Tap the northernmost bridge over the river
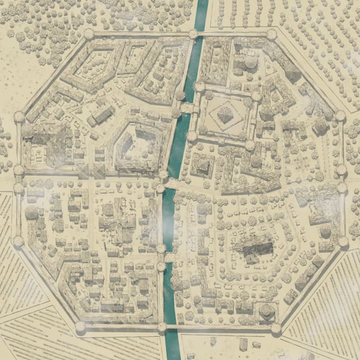pos(187,108)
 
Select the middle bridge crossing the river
pos(170,184)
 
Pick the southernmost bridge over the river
pos(170,258)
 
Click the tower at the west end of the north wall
pos(88,34)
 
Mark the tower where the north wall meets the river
pos(193,34)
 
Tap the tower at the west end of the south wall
pos(80,327)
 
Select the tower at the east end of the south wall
pos(276,329)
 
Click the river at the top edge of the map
pos(200,8)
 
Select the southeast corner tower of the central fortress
pos(249,144)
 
